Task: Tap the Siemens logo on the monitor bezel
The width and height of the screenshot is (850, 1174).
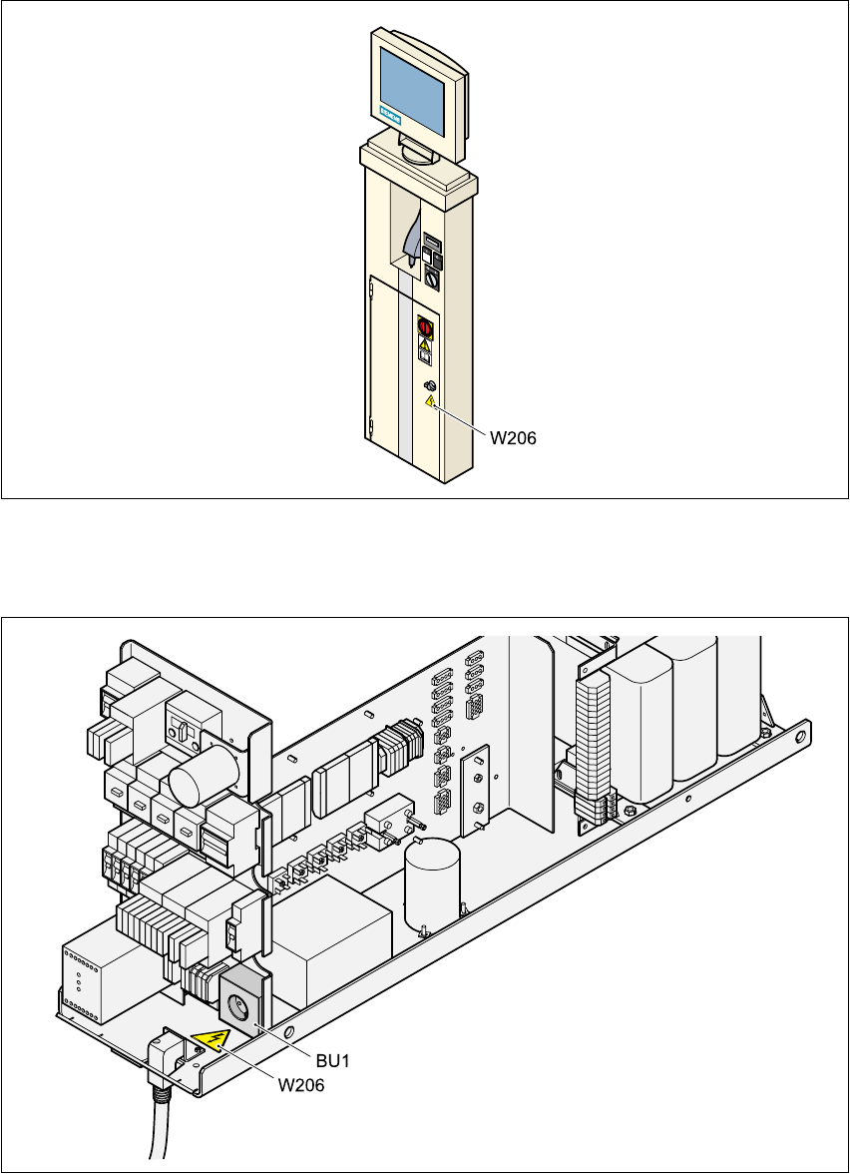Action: click(x=390, y=121)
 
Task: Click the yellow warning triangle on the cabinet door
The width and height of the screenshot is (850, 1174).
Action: click(x=429, y=401)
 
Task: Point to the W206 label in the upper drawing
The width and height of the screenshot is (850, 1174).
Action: click(x=512, y=436)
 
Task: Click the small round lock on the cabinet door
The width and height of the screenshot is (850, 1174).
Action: click(x=430, y=386)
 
